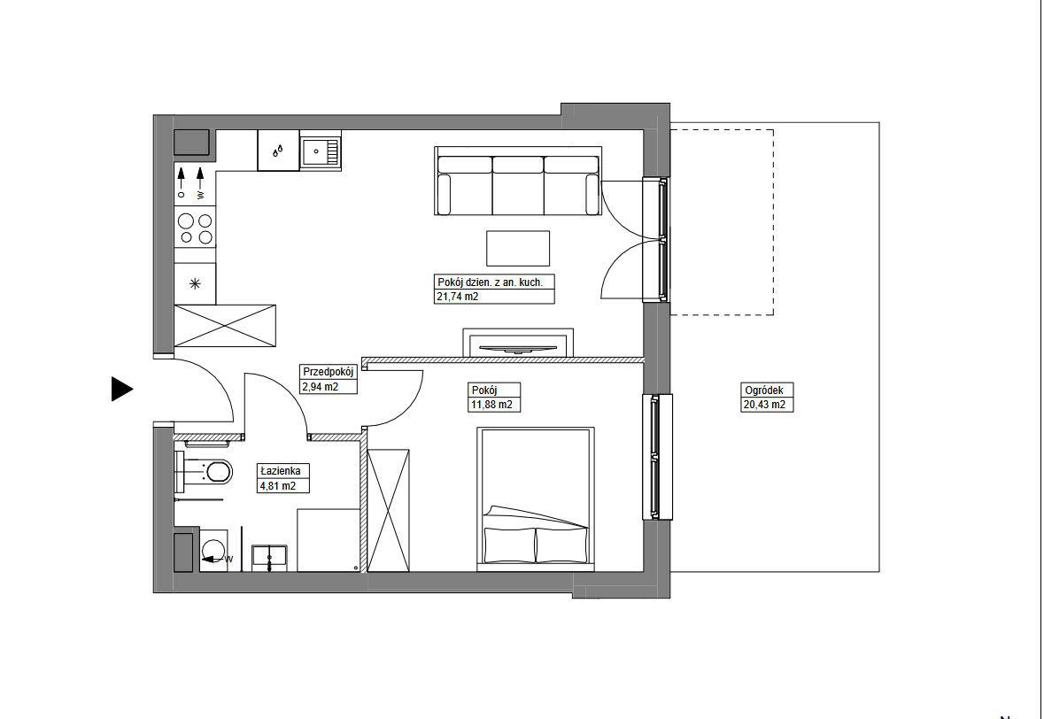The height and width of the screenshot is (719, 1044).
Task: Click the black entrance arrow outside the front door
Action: click(121, 389)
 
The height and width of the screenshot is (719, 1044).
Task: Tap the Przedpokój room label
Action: click(328, 372)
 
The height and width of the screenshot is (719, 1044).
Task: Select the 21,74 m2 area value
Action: click(458, 297)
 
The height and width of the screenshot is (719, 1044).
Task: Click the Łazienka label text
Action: click(281, 471)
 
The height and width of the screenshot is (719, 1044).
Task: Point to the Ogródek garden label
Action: click(764, 390)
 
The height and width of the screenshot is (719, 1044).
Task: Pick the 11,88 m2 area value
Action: click(492, 405)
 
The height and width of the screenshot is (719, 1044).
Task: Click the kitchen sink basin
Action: click(321, 151)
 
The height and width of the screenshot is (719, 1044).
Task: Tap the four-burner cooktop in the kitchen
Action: click(195, 228)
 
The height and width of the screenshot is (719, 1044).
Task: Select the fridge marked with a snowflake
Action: click(195, 283)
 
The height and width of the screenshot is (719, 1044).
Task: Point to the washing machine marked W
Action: click(213, 551)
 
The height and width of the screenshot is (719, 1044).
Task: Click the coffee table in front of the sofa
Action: click(518, 248)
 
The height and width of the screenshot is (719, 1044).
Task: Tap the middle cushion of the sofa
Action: click(517, 185)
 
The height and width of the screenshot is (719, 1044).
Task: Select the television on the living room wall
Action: click(518, 347)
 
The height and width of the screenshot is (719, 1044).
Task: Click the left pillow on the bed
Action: click(510, 545)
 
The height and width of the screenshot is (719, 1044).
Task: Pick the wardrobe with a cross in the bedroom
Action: click(389, 511)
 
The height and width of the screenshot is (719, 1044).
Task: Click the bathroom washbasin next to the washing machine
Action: click(270, 558)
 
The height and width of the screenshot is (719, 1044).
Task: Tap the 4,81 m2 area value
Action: click(278, 486)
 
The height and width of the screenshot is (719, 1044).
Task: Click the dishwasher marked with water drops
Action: click(278, 151)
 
